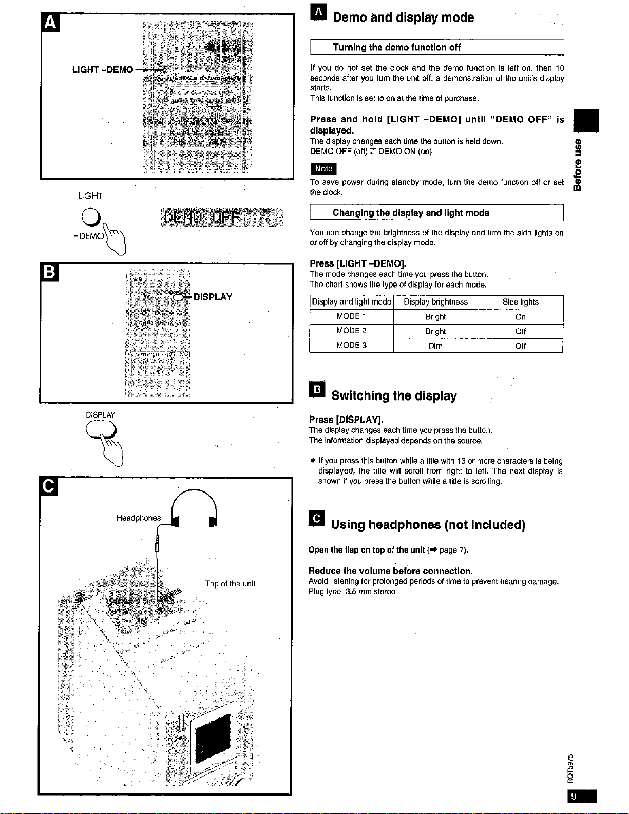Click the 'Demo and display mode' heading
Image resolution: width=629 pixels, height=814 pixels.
tap(403, 18)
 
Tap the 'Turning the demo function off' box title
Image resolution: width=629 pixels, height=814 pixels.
tap(396, 48)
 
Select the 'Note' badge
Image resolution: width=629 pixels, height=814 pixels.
tap(323, 168)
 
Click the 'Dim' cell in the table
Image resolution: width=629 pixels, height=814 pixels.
tap(435, 346)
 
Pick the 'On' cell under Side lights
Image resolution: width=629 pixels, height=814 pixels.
tap(520, 317)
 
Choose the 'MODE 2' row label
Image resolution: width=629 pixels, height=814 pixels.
tap(351, 331)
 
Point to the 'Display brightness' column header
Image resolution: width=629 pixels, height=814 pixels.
tap(435, 302)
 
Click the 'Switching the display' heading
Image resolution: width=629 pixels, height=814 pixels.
tap(394, 396)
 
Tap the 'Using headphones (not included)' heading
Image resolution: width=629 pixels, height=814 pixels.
tap(428, 525)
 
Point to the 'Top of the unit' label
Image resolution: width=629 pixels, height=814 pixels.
tap(230, 584)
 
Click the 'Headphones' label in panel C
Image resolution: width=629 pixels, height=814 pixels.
tap(139, 518)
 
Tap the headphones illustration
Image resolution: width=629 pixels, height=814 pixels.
tap(194, 508)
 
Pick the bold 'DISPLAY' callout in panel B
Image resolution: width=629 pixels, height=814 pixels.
tap(213, 297)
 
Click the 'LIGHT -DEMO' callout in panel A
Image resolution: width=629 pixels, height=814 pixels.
tap(103, 70)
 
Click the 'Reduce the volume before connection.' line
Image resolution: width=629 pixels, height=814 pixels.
tap(390, 571)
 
